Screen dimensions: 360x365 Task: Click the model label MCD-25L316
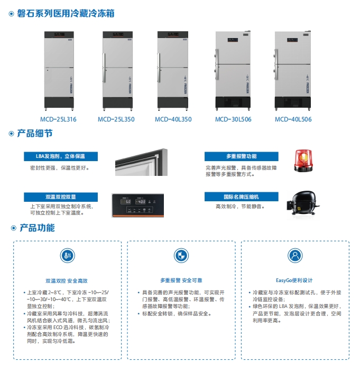58,119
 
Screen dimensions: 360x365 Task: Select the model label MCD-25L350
116,119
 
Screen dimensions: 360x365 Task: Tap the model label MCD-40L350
173,119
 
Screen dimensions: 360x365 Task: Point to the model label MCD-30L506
233,119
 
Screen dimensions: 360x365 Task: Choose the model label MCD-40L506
293,119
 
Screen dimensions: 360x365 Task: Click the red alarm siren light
303,161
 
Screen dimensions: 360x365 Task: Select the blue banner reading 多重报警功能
242,156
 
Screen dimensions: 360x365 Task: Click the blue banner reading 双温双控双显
61,197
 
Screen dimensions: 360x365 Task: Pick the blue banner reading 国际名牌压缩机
242,196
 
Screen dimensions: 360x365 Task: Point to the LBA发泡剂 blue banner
61,156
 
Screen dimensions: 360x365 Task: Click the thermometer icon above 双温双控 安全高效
67,256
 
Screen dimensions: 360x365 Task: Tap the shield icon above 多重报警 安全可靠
181,256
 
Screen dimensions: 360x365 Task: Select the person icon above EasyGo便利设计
295,256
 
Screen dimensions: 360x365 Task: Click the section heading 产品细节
35,134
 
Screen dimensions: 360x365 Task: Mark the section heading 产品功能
38,228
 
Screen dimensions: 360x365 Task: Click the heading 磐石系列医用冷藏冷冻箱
66,14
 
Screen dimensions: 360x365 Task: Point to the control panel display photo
137,205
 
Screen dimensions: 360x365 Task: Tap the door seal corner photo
142,162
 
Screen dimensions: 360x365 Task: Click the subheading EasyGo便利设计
294,280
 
